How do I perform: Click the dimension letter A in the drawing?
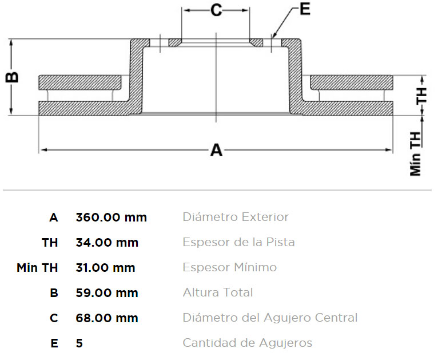click(216, 150)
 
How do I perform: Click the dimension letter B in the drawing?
click(12, 77)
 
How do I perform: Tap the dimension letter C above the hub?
click(216, 10)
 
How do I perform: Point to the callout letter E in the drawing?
click(305, 9)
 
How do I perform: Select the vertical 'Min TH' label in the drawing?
click(415, 154)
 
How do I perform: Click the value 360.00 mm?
click(112, 217)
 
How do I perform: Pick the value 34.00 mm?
click(107, 243)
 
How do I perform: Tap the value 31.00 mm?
click(105, 268)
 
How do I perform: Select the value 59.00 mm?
click(107, 293)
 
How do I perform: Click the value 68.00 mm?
click(107, 318)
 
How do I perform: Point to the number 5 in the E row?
click(79, 343)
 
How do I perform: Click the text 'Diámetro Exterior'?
click(236, 217)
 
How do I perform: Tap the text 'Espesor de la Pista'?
click(239, 242)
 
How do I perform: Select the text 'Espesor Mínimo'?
click(230, 267)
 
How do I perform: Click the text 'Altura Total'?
click(218, 292)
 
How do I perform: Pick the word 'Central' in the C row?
click(336, 318)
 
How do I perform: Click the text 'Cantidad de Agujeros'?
click(248, 343)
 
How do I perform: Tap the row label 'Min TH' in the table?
click(37, 268)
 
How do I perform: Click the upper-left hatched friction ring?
click(80, 82)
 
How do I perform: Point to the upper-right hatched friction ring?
click(352, 82)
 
